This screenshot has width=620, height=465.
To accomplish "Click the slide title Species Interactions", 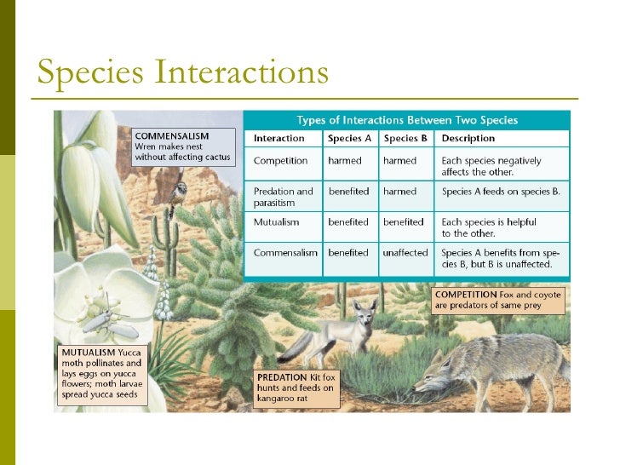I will [x=182, y=72].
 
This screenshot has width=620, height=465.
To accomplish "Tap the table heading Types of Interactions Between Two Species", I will [x=406, y=120].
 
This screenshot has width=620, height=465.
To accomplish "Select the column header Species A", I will [x=348, y=138].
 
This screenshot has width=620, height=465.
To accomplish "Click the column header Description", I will [x=468, y=138].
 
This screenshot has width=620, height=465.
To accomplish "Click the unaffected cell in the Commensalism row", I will [x=405, y=253].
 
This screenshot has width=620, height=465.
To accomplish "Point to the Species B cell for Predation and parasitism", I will [x=399, y=192].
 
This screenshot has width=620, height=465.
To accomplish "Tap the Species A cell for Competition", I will [x=345, y=160].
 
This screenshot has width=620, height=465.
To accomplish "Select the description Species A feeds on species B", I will [x=501, y=192].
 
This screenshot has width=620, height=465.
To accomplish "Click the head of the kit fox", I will [x=365, y=313].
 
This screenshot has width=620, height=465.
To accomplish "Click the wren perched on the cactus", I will [x=181, y=190].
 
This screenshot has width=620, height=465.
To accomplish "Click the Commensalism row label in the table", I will [x=285, y=253].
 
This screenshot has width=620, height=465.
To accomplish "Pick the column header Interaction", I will [x=278, y=138].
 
